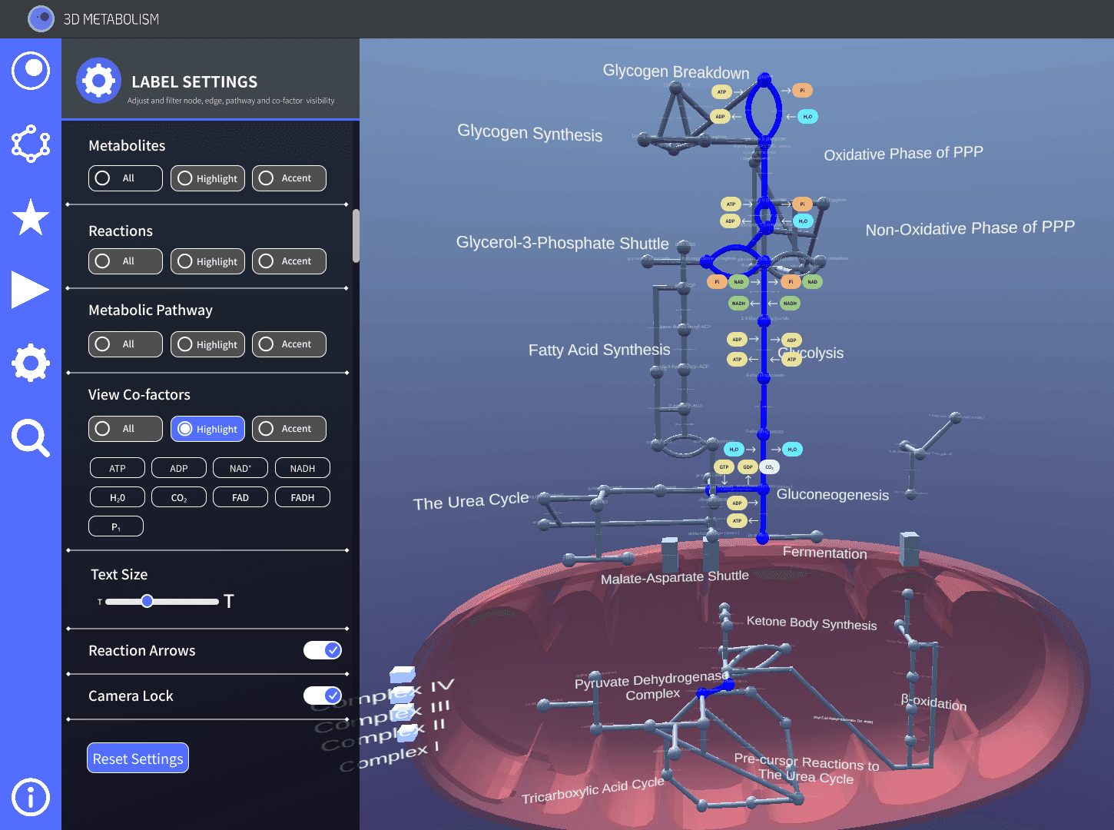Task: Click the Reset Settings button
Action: (x=138, y=759)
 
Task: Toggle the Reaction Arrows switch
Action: (x=323, y=650)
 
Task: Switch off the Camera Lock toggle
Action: (x=323, y=696)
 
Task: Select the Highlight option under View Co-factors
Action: (x=207, y=429)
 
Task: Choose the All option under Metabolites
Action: (x=125, y=178)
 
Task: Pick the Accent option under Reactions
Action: (x=289, y=261)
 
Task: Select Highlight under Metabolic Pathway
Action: (x=207, y=344)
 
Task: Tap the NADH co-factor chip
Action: (x=302, y=468)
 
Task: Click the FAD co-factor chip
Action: (x=240, y=497)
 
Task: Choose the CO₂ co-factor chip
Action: (x=179, y=497)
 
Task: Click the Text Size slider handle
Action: (x=147, y=601)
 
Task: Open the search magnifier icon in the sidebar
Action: (x=31, y=438)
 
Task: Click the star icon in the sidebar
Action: (x=31, y=217)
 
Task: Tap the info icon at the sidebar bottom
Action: (x=31, y=797)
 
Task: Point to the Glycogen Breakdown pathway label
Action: (x=675, y=71)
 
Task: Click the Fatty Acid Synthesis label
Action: (x=599, y=350)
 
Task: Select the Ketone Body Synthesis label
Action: (x=811, y=622)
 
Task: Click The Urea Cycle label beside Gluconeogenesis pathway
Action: (x=471, y=501)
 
